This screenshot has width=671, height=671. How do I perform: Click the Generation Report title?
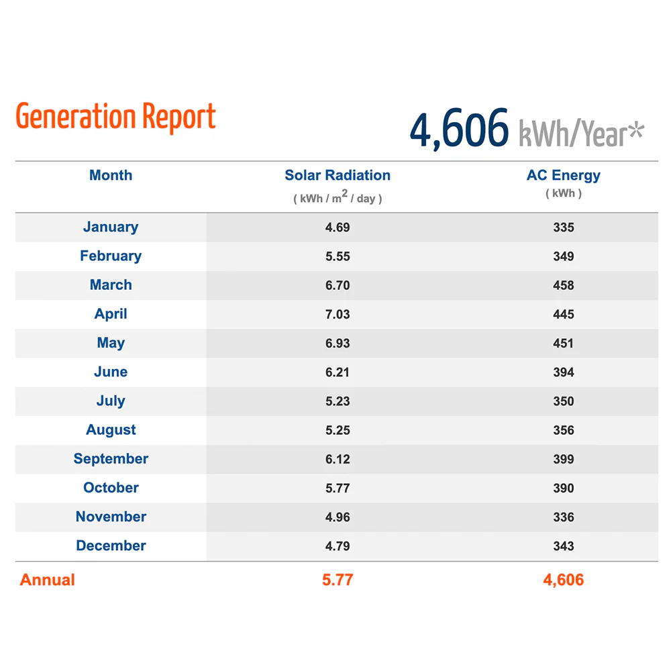(x=115, y=117)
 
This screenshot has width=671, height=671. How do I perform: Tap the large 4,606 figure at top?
(x=459, y=129)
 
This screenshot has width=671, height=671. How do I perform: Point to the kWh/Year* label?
(x=582, y=134)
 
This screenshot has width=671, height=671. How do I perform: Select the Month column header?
(x=111, y=175)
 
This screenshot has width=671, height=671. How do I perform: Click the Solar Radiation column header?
(x=338, y=175)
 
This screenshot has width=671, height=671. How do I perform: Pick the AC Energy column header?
(x=564, y=175)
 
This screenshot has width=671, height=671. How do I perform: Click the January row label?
(x=111, y=227)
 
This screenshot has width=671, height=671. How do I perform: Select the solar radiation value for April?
(x=338, y=314)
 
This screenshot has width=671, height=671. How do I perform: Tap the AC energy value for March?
(x=564, y=285)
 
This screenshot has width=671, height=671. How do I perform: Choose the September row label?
(x=111, y=459)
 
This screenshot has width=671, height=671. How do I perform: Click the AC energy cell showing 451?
(x=563, y=343)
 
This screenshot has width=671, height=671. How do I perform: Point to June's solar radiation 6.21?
(x=338, y=372)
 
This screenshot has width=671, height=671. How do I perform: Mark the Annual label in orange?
(x=48, y=580)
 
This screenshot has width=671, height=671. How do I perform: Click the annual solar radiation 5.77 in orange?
(x=338, y=580)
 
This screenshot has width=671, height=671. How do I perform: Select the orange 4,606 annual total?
(x=564, y=580)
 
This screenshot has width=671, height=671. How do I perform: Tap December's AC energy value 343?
(x=564, y=546)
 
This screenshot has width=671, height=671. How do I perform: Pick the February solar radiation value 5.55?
(x=338, y=256)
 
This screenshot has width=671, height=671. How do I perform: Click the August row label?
(x=111, y=429)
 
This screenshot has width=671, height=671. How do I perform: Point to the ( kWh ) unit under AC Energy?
(x=564, y=193)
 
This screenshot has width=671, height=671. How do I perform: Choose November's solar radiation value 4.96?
(x=338, y=517)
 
